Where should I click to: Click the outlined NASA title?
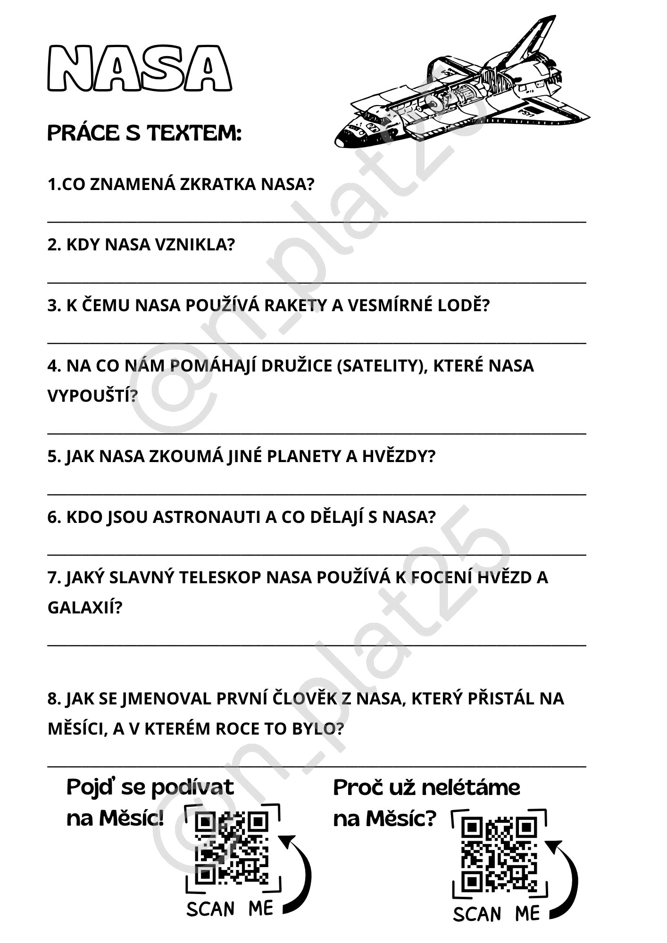[x=140, y=68]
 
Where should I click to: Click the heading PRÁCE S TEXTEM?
[x=144, y=133]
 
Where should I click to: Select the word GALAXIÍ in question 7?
[x=84, y=608]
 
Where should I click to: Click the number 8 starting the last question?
[x=52, y=699]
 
